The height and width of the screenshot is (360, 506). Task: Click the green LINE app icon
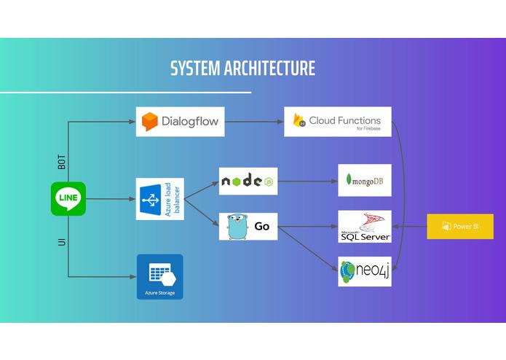(x=68, y=198)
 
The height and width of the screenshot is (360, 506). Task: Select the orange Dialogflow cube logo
(x=150, y=122)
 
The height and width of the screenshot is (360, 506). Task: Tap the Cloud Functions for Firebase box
(x=338, y=122)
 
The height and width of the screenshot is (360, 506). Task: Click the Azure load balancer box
(x=160, y=199)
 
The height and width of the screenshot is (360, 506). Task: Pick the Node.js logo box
(x=248, y=181)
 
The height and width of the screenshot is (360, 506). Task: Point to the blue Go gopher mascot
(x=237, y=227)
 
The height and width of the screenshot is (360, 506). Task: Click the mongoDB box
(x=365, y=180)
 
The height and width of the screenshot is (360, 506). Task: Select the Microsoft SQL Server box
(x=365, y=227)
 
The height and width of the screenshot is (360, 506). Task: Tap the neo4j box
(x=365, y=272)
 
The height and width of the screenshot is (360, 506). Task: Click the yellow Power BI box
(x=460, y=227)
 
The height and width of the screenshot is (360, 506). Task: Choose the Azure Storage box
(x=160, y=277)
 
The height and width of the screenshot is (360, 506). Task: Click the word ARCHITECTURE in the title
(x=269, y=68)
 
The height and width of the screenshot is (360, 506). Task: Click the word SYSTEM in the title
(x=195, y=68)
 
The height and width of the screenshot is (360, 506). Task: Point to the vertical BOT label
(x=61, y=162)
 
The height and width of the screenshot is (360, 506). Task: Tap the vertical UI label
(x=62, y=242)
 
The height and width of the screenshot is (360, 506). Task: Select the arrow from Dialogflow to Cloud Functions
(x=254, y=122)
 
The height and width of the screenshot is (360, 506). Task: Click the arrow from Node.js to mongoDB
(x=307, y=181)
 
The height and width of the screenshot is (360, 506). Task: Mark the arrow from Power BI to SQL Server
(x=409, y=227)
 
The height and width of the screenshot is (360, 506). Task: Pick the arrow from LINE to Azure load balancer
(x=111, y=199)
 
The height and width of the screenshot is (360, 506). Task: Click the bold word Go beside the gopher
(x=261, y=227)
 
